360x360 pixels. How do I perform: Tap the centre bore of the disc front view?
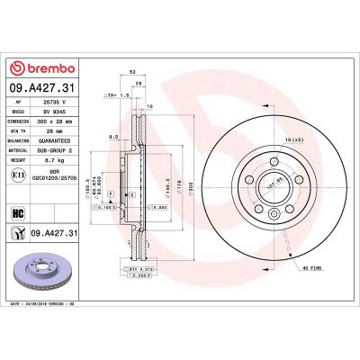point(270,180)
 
